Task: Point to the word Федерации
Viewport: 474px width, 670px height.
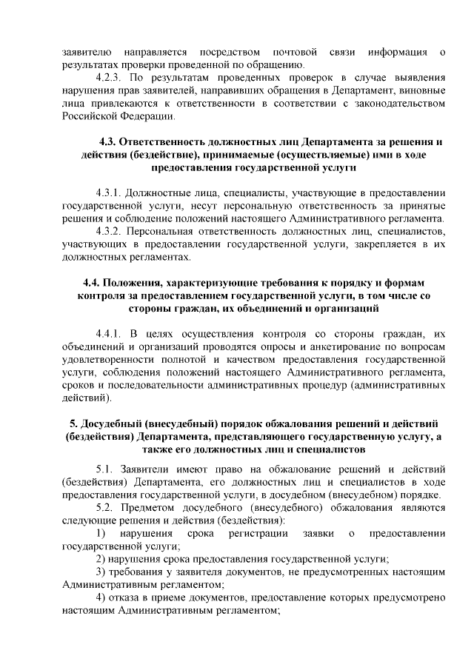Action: coord(149,117)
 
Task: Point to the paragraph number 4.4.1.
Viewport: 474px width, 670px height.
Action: coord(111,335)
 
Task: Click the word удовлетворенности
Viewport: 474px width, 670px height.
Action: coord(112,361)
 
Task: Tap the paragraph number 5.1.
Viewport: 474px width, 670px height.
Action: coord(107,469)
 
